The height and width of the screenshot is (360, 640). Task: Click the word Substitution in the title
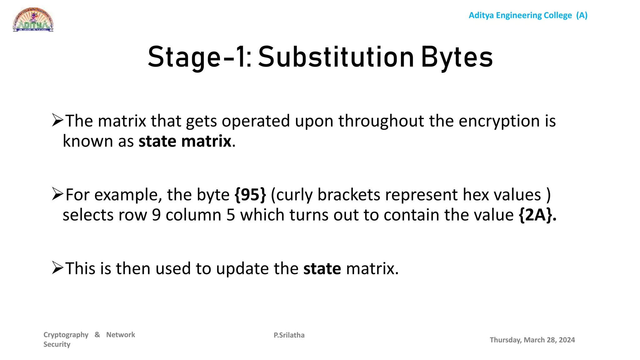336,57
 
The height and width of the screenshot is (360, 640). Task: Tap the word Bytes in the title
457,57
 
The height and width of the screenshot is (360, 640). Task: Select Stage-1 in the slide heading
199,57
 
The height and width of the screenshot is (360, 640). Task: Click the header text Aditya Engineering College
520,15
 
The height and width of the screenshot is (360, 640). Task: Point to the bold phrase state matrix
185,141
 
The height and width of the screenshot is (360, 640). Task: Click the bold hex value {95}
250,195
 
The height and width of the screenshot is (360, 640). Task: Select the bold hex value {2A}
537,215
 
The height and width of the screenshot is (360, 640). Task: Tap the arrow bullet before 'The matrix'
58,120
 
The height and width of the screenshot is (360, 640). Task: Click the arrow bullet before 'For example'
58,194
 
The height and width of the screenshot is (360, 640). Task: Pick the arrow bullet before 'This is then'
58,268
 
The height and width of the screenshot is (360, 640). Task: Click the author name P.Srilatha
289,335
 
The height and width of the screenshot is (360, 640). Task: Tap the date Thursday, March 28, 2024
532,340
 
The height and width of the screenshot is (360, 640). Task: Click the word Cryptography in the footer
66,335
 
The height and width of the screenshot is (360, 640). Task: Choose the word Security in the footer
57,344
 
